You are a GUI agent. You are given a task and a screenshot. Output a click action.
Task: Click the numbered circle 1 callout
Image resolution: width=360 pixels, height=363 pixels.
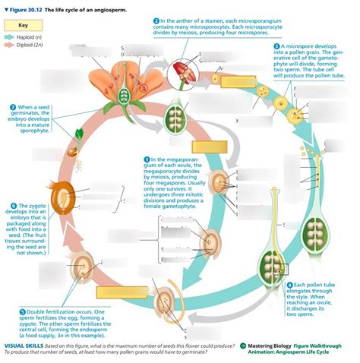click(147, 158)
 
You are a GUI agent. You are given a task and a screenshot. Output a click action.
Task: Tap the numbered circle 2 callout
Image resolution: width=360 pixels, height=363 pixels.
click(156, 20)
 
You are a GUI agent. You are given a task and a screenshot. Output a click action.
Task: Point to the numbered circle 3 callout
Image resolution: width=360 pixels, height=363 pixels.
click(276, 46)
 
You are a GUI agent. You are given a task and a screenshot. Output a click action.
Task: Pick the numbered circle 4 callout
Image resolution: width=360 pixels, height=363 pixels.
click(289, 284)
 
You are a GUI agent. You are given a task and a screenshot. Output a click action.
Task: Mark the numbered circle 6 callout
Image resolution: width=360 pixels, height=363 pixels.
click(14, 206)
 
